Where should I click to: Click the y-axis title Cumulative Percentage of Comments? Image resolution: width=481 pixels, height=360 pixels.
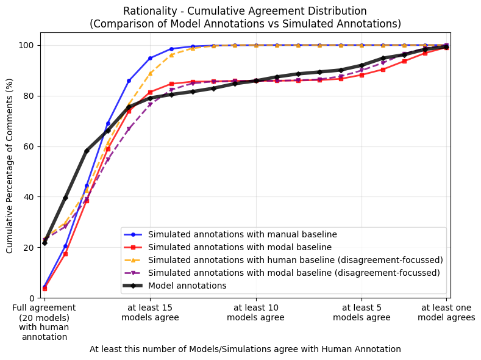click(10, 165)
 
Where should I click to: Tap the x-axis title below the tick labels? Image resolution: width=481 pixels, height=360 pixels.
click(245, 349)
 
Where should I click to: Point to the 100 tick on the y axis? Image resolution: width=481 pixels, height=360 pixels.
click(28, 46)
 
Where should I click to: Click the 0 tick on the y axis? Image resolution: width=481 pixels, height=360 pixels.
click(33, 298)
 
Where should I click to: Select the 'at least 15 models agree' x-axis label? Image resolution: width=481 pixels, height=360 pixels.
click(150, 313)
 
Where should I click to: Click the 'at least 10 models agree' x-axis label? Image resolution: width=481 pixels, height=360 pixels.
click(256, 313)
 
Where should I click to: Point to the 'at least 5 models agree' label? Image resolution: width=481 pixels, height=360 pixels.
click(362, 313)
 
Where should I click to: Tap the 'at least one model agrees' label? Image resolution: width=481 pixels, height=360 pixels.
click(446, 313)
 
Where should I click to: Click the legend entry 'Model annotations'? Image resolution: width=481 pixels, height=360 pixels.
click(187, 286)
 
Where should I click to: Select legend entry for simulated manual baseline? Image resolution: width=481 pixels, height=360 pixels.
click(242, 234)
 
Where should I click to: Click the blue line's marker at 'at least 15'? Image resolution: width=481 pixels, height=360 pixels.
click(150, 58)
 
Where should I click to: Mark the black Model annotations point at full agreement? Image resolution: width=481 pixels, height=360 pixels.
click(45, 243)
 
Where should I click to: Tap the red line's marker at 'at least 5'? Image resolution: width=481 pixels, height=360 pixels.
click(362, 75)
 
